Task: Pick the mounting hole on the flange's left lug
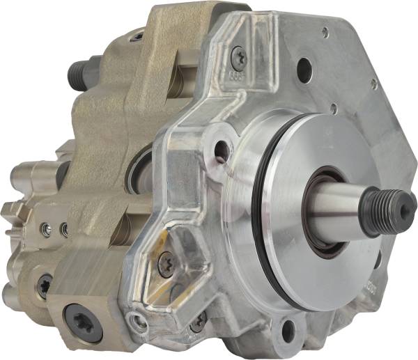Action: [x=222, y=148]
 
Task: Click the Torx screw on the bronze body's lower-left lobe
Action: [x=44, y=286]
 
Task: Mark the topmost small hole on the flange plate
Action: [x=325, y=31]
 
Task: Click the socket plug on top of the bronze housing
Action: [x=137, y=36]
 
